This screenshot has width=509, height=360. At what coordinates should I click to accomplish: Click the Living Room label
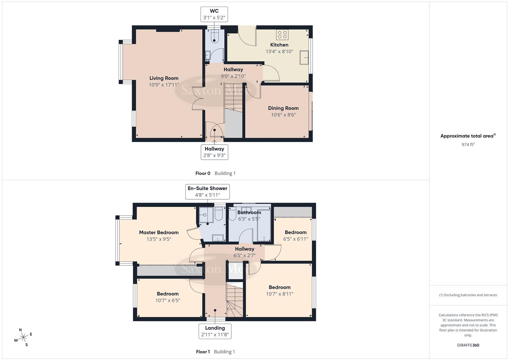tap(164, 78)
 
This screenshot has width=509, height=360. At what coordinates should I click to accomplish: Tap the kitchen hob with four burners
tap(282, 35)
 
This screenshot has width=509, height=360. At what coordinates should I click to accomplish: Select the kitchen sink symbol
tap(304, 57)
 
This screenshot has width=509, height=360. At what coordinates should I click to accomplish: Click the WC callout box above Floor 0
tap(214, 14)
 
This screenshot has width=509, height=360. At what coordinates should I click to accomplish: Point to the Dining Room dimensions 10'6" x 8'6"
tap(283, 115)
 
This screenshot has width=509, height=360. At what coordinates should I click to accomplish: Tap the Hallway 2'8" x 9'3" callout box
tap(214, 152)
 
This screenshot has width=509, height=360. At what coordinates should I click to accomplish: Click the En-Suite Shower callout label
tap(207, 192)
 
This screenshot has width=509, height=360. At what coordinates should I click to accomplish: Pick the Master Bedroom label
tap(159, 233)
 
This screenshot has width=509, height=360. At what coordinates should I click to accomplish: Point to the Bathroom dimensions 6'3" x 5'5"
tap(249, 219)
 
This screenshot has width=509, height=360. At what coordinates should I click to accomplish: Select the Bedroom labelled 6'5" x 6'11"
tap(295, 236)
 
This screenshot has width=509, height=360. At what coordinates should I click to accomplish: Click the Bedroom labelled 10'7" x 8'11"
tap(279, 290)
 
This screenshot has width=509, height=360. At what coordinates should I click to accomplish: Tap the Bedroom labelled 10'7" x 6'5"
tap(168, 297)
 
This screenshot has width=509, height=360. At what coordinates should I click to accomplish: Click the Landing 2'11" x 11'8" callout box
tap(215, 331)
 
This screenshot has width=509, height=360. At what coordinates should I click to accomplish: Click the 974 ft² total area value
tap(468, 144)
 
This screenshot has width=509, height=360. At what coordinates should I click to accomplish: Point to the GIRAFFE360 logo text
tap(468, 345)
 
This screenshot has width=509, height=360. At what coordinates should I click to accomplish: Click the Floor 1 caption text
tap(203, 352)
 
